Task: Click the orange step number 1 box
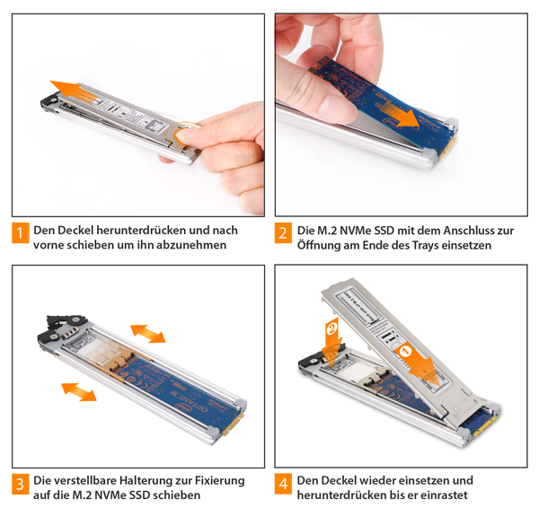pos(21,233)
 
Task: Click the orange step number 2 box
pos(283,233)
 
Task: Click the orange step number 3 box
pos(21,484)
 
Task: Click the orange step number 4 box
pos(283,484)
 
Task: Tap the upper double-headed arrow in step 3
pos(148,333)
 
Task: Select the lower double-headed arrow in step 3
pos(79,392)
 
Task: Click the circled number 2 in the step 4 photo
pos(332,329)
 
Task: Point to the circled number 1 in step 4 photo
pos(405,351)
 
